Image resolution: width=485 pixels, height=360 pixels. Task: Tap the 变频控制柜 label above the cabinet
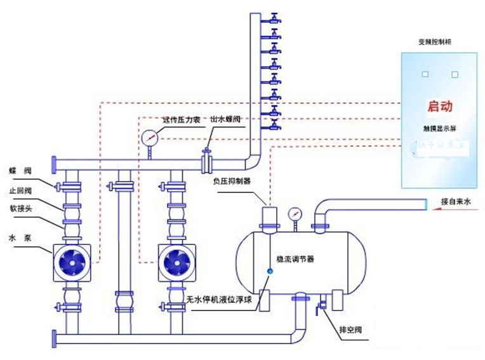coord(436,42)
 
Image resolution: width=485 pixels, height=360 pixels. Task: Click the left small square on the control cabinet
coord(425,74)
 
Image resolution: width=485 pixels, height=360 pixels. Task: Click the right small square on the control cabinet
coord(455,74)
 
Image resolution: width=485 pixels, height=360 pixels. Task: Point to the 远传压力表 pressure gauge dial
coord(150,137)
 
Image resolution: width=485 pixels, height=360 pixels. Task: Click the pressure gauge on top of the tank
coord(294,214)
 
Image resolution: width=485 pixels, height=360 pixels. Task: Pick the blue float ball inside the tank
coord(269,271)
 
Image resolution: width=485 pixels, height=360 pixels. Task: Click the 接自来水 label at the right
coord(457,203)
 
